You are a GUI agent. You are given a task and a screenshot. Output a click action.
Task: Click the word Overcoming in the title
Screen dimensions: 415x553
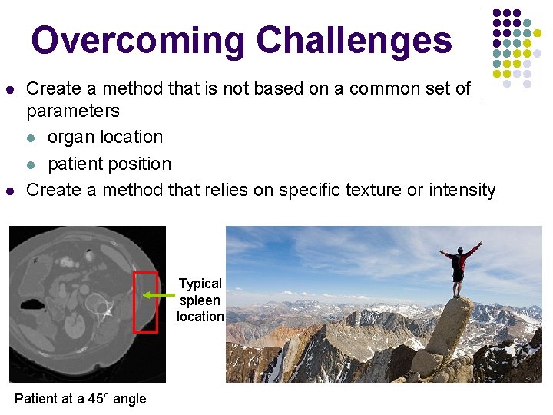pos(138,40)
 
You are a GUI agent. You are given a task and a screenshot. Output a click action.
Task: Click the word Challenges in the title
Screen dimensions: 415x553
pos(354,40)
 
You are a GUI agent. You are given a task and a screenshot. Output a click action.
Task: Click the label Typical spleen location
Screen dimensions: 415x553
pos(200,300)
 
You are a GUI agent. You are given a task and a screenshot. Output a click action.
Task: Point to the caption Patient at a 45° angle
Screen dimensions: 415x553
pos(80,398)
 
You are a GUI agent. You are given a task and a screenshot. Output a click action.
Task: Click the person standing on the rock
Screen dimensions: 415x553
pos(459,269)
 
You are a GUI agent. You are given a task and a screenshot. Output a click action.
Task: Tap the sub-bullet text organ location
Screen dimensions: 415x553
pos(105,138)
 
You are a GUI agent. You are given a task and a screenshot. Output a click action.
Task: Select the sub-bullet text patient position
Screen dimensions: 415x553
pos(109,164)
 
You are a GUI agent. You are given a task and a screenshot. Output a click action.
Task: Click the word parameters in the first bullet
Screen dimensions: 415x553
pos(73,111)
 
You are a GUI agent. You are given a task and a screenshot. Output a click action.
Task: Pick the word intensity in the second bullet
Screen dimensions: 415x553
pos(462,189)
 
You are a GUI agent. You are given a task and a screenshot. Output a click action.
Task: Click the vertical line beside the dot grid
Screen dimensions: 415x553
pos(482,55)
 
